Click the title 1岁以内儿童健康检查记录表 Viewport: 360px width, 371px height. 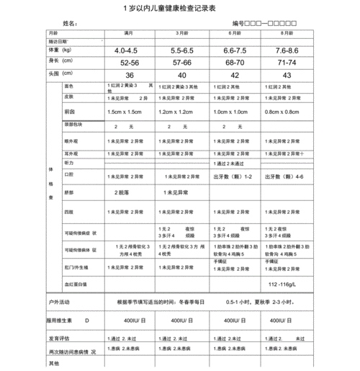(x=179, y=8)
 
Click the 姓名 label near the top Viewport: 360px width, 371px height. (x=70, y=24)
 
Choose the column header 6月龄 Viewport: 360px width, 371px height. (x=235, y=34)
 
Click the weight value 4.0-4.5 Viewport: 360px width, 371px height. (x=125, y=51)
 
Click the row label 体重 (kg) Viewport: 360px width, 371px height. (x=60, y=50)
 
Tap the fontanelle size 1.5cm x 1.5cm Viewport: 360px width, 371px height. (x=124, y=112)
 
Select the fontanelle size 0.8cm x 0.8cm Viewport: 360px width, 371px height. (x=282, y=112)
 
